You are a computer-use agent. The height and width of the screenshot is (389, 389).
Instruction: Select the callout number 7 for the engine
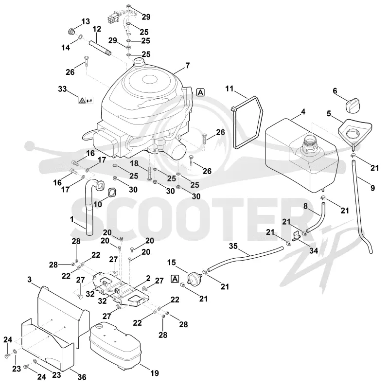pyautogui.click(x=188, y=66)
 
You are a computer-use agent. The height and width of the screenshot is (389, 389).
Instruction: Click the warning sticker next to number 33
pyautogui.click(x=86, y=100)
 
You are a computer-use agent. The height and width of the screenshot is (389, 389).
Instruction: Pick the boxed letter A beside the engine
pyautogui.click(x=200, y=92)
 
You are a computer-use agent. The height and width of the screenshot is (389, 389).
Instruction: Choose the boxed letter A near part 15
pyautogui.click(x=175, y=279)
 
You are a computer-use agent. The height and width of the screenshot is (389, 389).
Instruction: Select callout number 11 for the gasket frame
pyautogui.click(x=230, y=88)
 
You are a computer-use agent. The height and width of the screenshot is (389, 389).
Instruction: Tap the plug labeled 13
pyautogui.click(x=71, y=32)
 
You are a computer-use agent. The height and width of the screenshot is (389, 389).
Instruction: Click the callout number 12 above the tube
pyautogui.click(x=97, y=29)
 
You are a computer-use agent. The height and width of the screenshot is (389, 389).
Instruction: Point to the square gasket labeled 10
pyautogui.click(x=112, y=192)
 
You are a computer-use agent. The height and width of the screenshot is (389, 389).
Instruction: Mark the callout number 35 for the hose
pyautogui.click(x=233, y=246)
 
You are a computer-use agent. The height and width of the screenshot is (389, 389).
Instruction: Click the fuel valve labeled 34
pyautogui.click(x=296, y=236)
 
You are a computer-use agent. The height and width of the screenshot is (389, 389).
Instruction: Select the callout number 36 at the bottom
pyautogui.click(x=82, y=377)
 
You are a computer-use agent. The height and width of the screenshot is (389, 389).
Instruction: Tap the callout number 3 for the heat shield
pyautogui.click(x=30, y=280)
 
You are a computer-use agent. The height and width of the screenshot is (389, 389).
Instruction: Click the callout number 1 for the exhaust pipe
pyautogui.click(x=72, y=219)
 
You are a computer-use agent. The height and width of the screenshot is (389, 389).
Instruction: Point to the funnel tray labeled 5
pyautogui.click(x=355, y=131)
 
